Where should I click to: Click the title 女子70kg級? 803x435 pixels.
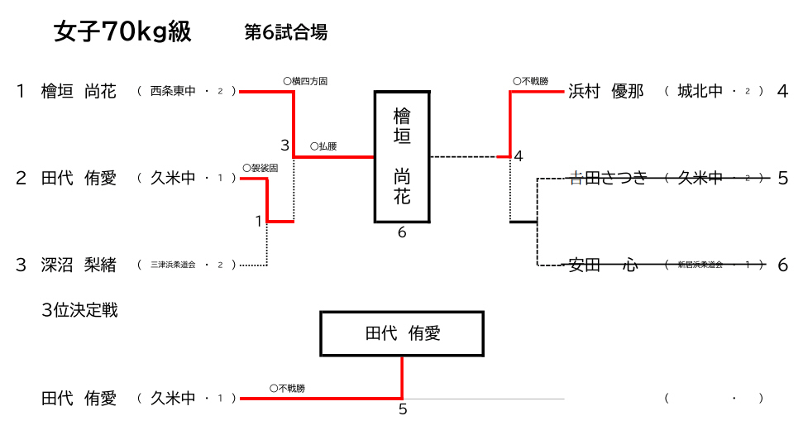point(122,32)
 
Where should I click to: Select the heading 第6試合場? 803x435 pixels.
point(285,32)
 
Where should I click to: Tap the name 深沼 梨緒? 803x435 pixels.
point(79,265)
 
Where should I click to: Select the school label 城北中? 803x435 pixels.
point(700,92)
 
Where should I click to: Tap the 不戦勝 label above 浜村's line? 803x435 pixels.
point(530,81)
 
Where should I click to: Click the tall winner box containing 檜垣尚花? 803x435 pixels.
point(402,156)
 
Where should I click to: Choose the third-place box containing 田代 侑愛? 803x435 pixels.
point(402,334)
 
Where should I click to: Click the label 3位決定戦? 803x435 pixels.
point(79,311)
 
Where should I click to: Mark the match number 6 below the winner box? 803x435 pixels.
point(402,233)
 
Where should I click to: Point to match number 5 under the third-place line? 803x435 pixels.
point(403,409)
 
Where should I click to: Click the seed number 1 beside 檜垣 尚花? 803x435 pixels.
point(21,92)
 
